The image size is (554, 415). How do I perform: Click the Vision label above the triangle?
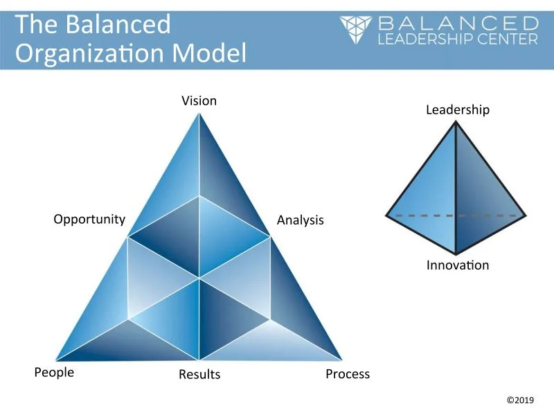pos(199,101)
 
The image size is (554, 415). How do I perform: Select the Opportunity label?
pos(89,220)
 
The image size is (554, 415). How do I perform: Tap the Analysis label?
pos(300,220)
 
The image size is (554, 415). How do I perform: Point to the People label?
pos(54,373)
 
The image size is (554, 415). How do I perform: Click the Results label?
pos(199,375)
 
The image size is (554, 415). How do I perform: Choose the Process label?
pos(348,374)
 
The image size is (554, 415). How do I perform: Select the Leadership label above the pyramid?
pos(457,110)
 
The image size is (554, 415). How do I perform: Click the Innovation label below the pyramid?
pos(457,265)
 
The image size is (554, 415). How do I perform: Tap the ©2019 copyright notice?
pos(521,400)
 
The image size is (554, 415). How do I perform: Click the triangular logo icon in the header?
pos(357,29)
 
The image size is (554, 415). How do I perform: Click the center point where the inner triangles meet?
pos(199,279)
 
